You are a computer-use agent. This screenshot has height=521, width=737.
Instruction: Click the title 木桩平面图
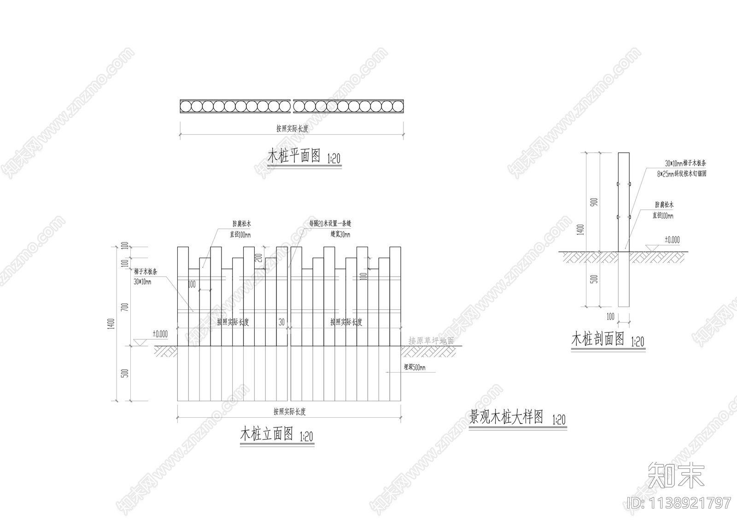tap(294, 156)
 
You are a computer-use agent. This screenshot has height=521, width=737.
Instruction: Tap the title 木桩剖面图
tap(597, 339)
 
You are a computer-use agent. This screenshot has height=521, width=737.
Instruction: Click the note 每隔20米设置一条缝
tap(330, 224)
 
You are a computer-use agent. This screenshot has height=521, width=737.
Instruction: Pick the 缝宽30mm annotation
tap(340, 235)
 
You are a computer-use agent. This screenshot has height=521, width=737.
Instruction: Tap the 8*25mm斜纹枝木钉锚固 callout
tap(682, 174)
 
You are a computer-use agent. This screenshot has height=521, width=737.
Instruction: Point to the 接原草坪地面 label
tap(431, 341)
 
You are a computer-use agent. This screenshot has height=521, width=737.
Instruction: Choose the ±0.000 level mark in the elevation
tap(160, 334)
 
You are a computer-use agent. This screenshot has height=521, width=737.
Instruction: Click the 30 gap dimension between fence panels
tap(281, 322)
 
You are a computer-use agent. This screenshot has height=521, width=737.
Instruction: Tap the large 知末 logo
tap(676, 475)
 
